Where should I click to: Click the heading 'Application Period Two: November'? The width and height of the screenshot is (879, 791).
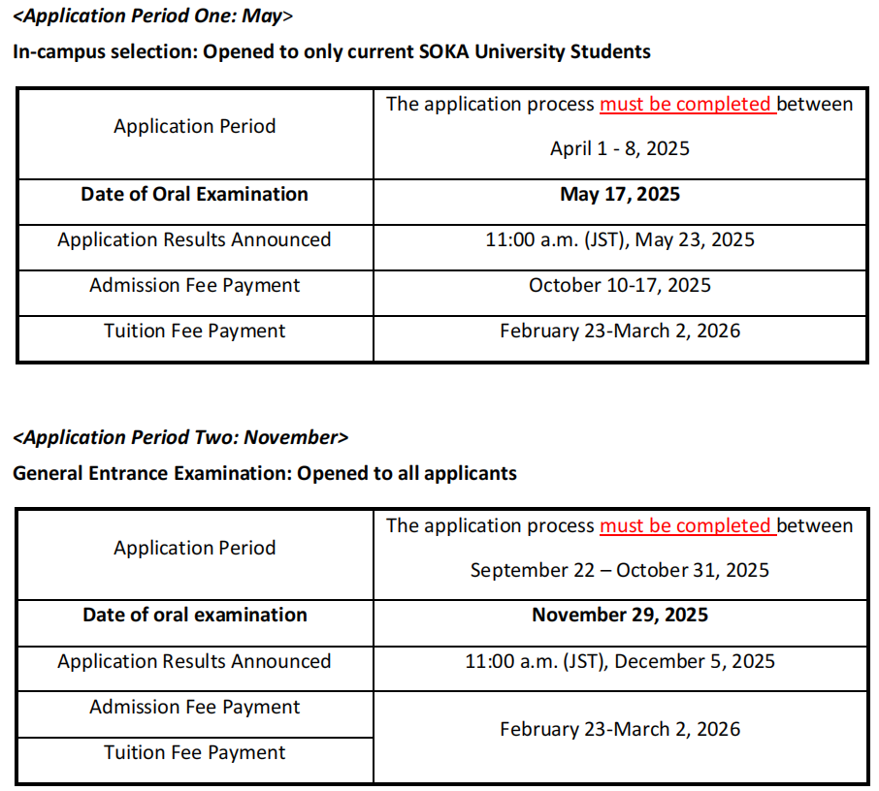point(180,437)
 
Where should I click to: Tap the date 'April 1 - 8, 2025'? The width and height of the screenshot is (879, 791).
point(620,148)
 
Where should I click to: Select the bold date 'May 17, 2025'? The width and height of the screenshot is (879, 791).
point(620,194)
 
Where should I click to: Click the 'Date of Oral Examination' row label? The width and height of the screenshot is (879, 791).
point(194,194)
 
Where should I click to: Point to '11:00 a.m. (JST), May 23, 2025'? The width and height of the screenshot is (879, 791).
point(620,239)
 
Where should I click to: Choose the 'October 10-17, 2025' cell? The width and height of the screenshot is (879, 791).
point(620,285)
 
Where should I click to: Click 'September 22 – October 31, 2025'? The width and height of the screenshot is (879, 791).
point(620,570)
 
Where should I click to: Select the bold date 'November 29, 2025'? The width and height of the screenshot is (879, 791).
point(620,615)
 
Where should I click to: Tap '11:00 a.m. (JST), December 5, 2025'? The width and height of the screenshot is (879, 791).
point(620,661)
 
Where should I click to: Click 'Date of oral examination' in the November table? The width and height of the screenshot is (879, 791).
point(194,615)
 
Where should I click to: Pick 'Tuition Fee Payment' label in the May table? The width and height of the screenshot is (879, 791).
point(194,331)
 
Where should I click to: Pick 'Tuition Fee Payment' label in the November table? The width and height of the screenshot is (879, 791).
point(194,752)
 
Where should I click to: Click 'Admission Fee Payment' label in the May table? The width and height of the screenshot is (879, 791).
point(194,285)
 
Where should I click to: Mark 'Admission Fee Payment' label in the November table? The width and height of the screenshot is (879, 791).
point(194,707)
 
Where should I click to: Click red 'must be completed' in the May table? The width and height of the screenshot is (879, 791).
point(685,104)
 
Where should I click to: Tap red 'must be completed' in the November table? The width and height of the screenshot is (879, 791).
point(685,525)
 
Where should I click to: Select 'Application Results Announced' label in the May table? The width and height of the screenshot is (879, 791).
point(194,239)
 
